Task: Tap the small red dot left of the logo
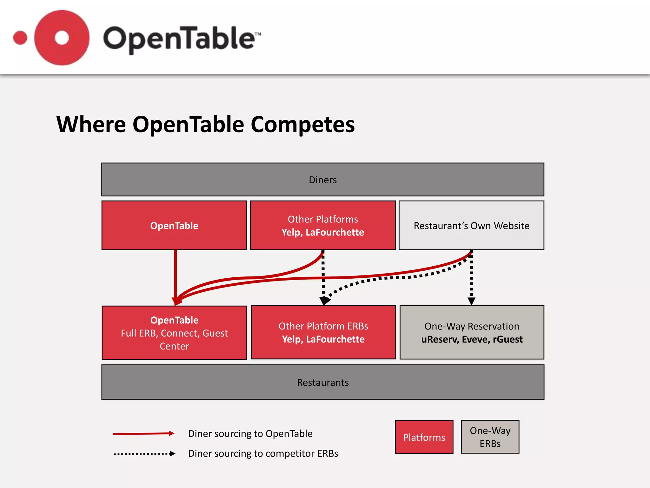[x=20, y=38]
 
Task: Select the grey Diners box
[x=322, y=180]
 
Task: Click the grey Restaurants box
[x=322, y=382]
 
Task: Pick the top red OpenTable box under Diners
[x=174, y=226]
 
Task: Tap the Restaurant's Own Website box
[x=471, y=226]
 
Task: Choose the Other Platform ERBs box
[x=323, y=332]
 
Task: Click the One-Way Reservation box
[x=472, y=332]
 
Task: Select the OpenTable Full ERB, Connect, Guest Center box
[x=174, y=333]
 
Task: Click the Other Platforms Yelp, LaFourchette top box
[x=322, y=226]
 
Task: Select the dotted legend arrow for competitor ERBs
[x=144, y=454]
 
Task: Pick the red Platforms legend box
[x=424, y=437]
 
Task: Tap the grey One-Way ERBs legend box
[x=490, y=437]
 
